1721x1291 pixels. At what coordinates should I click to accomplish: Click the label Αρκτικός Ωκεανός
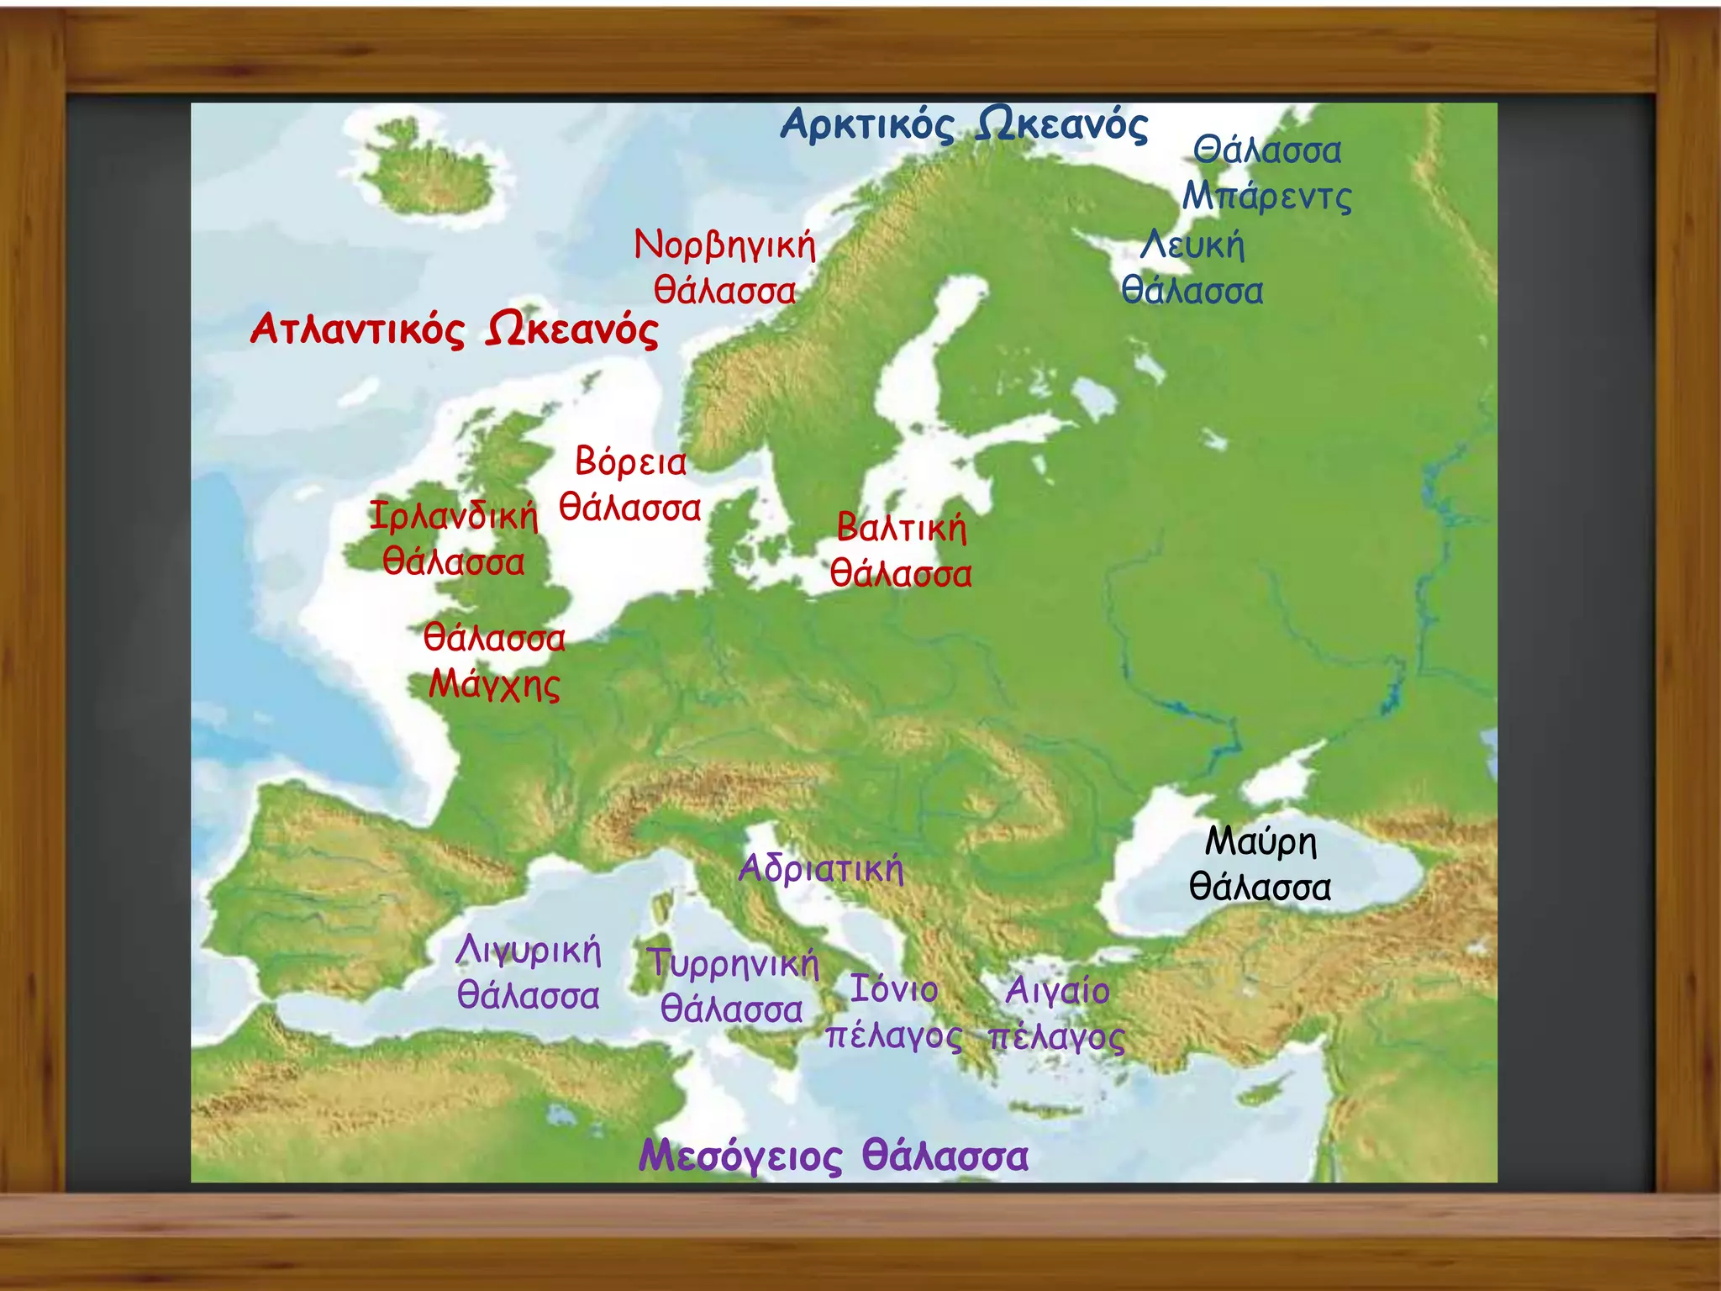[x=964, y=126]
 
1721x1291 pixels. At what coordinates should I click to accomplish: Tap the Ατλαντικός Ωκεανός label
[x=454, y=329]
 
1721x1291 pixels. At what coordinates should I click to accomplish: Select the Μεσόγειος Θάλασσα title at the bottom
[x=833, y=1156]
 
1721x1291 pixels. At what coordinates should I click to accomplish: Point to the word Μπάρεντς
[x=1267, y=198]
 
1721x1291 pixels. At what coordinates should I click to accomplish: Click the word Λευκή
[x=1192, y=245]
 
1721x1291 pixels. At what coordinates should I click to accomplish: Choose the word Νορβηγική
[x=724, y=245]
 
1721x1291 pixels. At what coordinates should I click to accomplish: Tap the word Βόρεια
[x=630, y=461]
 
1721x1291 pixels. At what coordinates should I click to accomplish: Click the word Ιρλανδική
[x=454, y=515]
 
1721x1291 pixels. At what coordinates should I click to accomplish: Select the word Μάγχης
[x=494, y=684]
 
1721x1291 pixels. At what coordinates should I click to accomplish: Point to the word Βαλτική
[x=902, y=528]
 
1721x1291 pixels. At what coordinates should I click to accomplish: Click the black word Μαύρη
[x=1260, y=841]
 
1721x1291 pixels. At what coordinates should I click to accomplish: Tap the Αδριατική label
[x=821, y=868]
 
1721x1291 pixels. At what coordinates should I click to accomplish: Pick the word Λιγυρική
[x=529, y=951]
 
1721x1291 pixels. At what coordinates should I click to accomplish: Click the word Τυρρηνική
[x=733, y=963]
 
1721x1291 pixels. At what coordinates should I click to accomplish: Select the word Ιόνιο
[x=893, y=989]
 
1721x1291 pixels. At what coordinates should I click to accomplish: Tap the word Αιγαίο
[x=1057, y=991]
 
